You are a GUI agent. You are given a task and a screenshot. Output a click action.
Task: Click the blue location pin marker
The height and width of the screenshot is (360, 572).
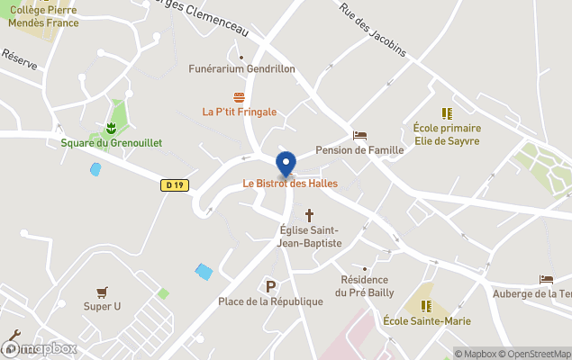(x=286, y=165)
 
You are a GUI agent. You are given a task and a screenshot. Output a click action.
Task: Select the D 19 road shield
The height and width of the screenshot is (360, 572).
(x=175, y=185)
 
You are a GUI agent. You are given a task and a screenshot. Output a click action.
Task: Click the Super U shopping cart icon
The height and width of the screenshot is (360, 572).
(x=102, y=292)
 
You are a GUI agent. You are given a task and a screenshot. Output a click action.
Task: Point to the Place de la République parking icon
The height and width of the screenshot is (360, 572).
(x=270, y=286)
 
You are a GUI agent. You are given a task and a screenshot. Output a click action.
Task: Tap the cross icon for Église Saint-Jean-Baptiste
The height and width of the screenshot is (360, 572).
(x=310, y=215)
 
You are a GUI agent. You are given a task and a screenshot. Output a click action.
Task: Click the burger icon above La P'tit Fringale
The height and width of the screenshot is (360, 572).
(x=239, y=97)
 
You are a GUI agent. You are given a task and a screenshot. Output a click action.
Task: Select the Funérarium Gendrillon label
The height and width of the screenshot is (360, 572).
(x=242, y=68)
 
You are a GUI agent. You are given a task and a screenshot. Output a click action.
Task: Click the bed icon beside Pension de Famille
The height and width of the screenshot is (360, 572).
(x=359, y=136)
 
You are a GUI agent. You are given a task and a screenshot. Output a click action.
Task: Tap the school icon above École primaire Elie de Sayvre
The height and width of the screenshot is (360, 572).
(x=446, y=113)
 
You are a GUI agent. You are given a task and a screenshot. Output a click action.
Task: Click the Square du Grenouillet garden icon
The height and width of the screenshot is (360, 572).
(x=111, y=128)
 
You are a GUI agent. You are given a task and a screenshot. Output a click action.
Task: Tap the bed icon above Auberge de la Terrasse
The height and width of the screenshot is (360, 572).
(x=546, y=280)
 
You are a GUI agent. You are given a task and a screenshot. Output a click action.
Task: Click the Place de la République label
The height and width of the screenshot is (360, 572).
(x=270, y=301)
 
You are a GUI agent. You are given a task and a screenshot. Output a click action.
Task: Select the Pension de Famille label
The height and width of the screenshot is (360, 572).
(x=359, y=151)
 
